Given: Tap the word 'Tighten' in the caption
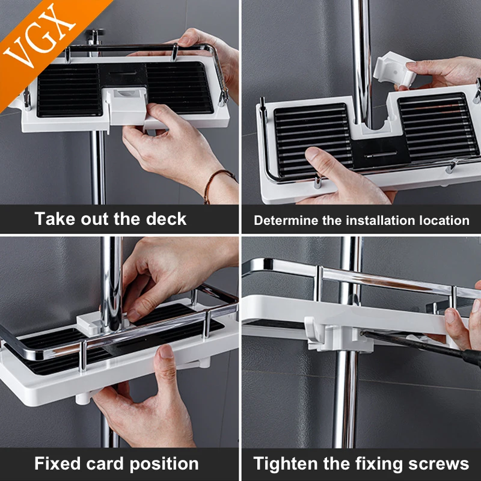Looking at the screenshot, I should point(286,464).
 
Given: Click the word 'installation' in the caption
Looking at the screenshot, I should point(378,220).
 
